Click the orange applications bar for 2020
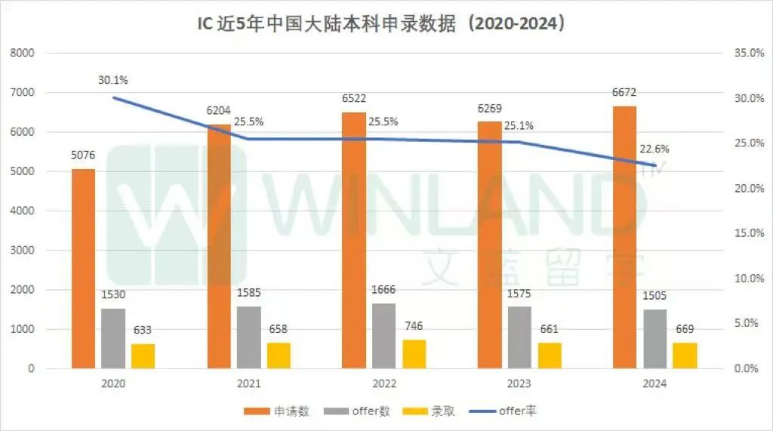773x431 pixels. [x=83, y=269]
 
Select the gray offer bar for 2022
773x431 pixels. [x=383, y=336]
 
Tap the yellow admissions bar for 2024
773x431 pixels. [x=685, y=356]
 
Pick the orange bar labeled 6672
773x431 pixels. [x=624, y=237]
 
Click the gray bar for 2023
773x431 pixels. [x=519, y=337]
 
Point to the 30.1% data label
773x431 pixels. [x=112, y=79]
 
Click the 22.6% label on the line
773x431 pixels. [x=654, y=148]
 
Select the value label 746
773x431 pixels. [x=414, y=327]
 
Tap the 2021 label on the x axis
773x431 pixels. [x=248, y=383]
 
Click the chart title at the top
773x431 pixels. [x=386, y=24]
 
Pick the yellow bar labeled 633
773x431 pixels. [x=143, y=356]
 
